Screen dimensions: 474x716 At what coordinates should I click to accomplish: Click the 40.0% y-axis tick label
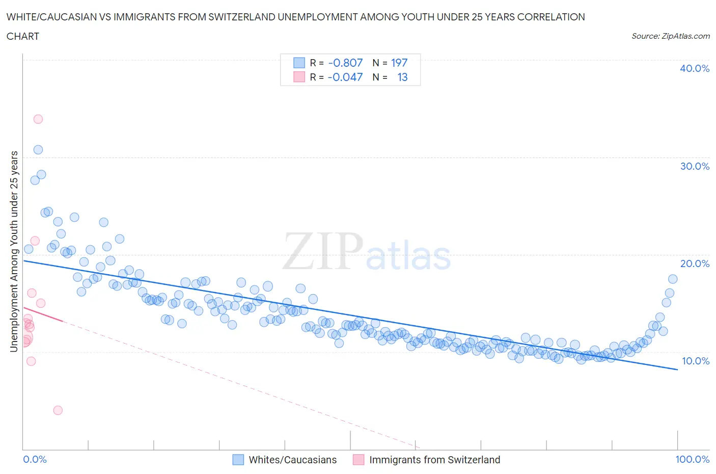(694, 68)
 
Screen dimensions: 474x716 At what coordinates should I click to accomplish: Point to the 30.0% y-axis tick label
(694, 166)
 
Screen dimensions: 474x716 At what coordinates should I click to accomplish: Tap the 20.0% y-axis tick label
(694, 264)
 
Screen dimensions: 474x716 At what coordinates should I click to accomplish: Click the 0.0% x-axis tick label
(35, 459)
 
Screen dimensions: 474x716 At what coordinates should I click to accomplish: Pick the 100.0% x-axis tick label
(692, 459)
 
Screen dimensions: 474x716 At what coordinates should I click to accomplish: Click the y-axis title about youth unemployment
(14, 251)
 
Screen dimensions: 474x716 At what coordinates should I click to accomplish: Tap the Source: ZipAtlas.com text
(670, 36)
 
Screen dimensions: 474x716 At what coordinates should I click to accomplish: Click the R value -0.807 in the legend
(345, 63)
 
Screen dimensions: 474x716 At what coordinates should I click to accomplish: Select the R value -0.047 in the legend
(345, 77)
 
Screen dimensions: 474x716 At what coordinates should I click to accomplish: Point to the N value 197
(399, 63)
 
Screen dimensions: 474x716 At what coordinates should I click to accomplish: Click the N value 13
(402, 77)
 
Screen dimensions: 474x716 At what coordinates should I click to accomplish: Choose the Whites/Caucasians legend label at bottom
(293, 460)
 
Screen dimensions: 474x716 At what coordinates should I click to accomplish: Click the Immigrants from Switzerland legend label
(434, 460)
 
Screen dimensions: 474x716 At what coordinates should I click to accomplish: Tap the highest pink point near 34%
(38, 119)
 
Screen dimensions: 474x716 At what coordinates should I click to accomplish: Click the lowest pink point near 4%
(58, 410)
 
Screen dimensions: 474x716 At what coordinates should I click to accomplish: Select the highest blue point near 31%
(38, 150)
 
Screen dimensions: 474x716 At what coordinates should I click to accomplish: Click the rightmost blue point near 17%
(673, 279)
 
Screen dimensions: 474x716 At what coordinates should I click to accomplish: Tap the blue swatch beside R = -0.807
(299, 63)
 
